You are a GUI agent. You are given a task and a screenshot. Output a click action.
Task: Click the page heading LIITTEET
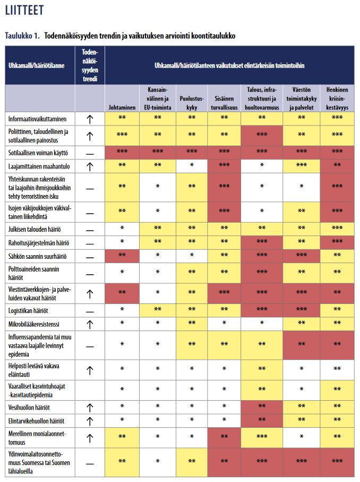pyautogui.click(x=24, y=11)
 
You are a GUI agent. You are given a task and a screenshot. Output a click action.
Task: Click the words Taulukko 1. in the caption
pyautogui.click(x=22, y=36)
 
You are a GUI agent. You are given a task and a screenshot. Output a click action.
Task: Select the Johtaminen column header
pyautogui.click(x=122, y=106)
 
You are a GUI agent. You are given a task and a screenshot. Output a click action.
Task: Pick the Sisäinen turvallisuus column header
pyautogui.click(x=224, y=102)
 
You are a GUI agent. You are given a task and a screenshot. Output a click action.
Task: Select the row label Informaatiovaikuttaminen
pyautogui.click(x=37, y=119)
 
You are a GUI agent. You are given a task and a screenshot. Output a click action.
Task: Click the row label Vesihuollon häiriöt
pyautogui.click(x=29, y=408)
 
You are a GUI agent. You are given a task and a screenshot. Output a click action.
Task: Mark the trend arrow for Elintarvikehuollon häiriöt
pyautogui.click(x=90, y=421)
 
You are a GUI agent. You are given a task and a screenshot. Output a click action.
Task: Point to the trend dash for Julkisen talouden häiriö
pyautogui.click(x=90, y=229)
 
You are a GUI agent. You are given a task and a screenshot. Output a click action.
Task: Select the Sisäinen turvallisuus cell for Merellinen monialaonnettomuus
pyautogui.click(x=224, y=437)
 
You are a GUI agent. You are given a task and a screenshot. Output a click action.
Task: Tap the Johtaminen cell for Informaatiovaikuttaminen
pyautogui.click(x=122, y=119)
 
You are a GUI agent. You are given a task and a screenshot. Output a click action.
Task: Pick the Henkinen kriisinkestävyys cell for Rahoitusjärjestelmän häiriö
pyautogui.click(x=337, y=243)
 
